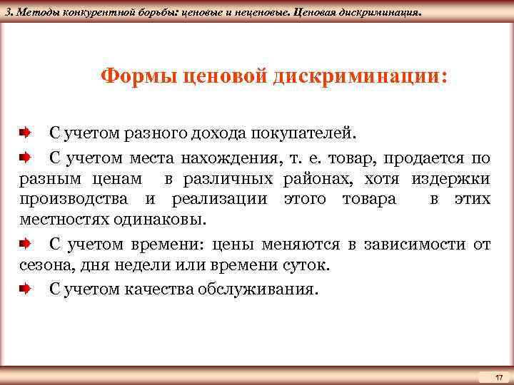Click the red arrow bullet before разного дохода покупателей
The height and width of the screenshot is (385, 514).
[x=25, y=133]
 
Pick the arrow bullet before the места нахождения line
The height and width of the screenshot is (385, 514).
[x=25, y=156]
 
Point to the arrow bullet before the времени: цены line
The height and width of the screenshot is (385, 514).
[x=25, y=245]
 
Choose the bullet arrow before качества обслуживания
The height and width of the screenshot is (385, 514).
[x=25, y=289]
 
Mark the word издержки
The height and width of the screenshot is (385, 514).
[x=457, y=178]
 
